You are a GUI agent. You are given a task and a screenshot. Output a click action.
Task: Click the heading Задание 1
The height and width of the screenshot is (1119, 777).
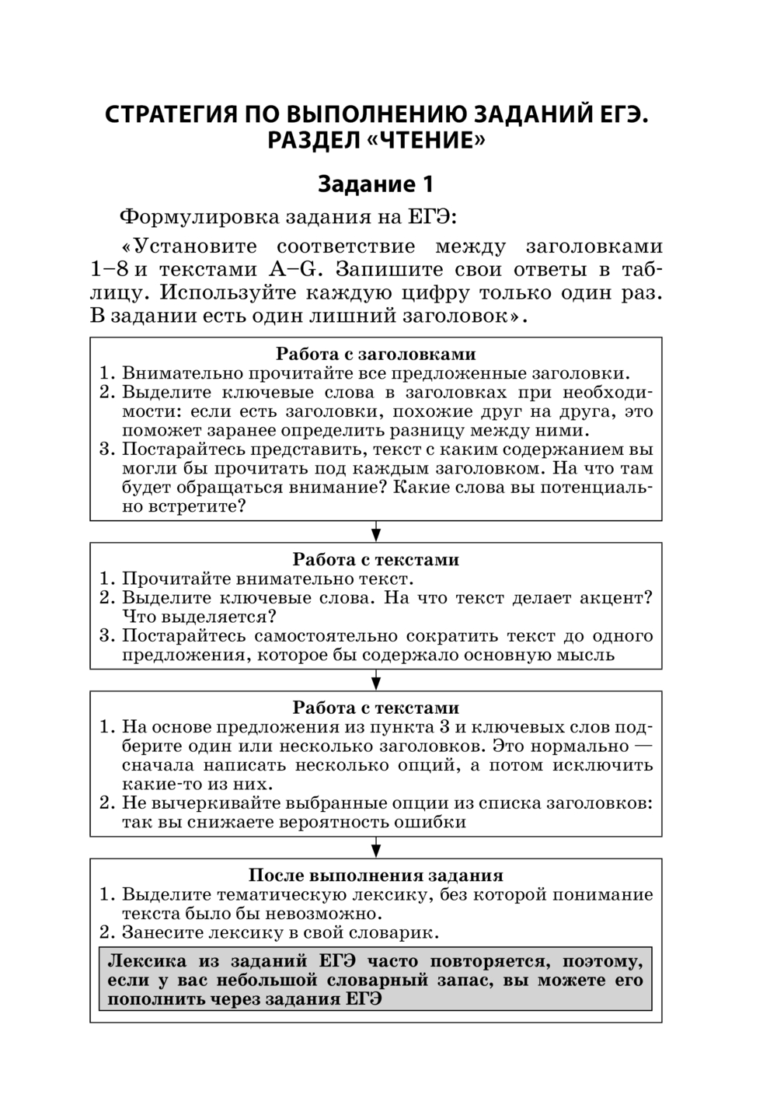click(375, 184)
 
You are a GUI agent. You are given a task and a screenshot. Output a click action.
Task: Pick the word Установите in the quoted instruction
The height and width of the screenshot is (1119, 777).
click(196, 247)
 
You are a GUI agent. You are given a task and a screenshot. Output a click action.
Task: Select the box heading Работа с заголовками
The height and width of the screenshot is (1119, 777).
click(376, 354)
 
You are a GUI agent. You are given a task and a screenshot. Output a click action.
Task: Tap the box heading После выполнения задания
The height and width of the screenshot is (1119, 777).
click(376, 876)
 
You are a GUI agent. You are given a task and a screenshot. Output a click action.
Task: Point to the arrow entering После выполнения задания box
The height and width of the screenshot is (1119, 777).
click(376, 847)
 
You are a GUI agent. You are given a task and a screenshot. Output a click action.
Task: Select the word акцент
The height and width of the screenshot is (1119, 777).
click(616, 598)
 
